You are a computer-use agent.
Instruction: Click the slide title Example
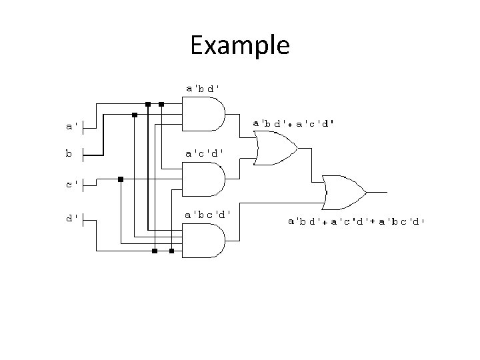click(239, 45)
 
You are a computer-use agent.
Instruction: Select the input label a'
click(71, 125)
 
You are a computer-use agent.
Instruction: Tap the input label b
click(69, 153)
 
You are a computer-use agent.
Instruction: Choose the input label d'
click(71, 217)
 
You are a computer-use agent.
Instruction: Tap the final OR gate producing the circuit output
click(343, 191)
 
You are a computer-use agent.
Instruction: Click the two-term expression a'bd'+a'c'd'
click(293, 123)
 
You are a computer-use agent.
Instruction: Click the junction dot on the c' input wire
click(120, 179)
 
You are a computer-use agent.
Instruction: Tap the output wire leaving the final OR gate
click(377, 191)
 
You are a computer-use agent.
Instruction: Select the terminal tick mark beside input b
click(83, 155)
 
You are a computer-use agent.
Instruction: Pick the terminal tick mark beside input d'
click(83, 218)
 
